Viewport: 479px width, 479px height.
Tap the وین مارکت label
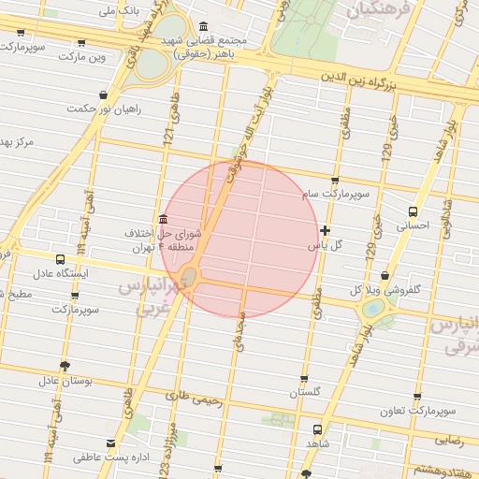82,57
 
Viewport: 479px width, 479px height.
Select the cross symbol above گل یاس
325,230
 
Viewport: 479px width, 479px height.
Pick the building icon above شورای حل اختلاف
164,219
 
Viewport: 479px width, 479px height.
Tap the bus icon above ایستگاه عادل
61,260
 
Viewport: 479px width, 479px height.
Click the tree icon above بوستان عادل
64,366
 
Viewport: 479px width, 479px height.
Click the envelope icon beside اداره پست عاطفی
112,443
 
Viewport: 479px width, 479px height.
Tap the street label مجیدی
239,331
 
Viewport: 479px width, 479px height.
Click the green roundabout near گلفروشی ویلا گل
373,308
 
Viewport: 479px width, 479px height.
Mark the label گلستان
305,392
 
